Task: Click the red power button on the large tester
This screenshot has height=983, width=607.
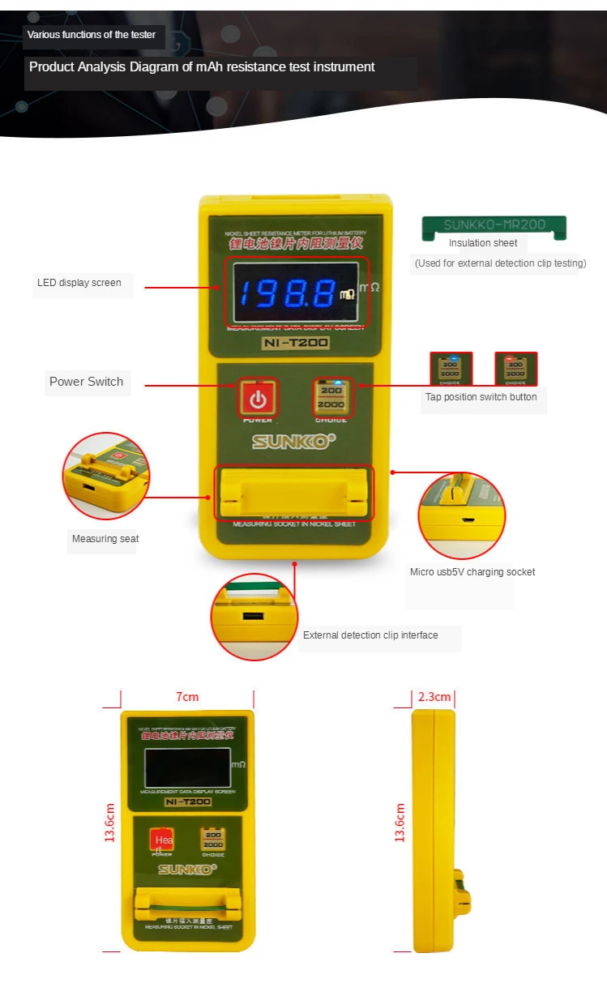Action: point(258,398)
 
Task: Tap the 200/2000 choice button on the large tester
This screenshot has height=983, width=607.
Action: point(331,397)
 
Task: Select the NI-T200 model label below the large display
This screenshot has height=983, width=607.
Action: point(295,343)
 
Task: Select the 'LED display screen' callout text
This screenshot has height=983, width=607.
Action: point(79,283)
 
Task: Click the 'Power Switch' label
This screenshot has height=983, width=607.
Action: point(86,382)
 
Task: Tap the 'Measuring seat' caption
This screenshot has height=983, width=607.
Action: point(105,539)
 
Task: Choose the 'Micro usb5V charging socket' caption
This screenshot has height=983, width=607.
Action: point(472,572)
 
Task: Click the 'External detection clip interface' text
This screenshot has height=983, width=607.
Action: point(370,635)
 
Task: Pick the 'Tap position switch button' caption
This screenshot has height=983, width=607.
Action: point(481,397)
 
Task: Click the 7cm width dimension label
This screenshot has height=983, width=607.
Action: point(187,697)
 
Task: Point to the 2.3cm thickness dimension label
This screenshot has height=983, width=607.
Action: point(434,697)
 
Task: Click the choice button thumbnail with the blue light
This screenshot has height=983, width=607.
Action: point(450,369)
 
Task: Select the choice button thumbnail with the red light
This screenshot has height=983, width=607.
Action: point(515,369)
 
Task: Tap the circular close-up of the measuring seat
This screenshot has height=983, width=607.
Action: point(105,476)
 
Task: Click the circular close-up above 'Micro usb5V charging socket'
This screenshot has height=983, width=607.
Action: point(462,515)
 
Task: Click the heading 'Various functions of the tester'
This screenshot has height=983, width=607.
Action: point(92,35)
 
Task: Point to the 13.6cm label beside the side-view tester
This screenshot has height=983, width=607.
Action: point(400,823)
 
